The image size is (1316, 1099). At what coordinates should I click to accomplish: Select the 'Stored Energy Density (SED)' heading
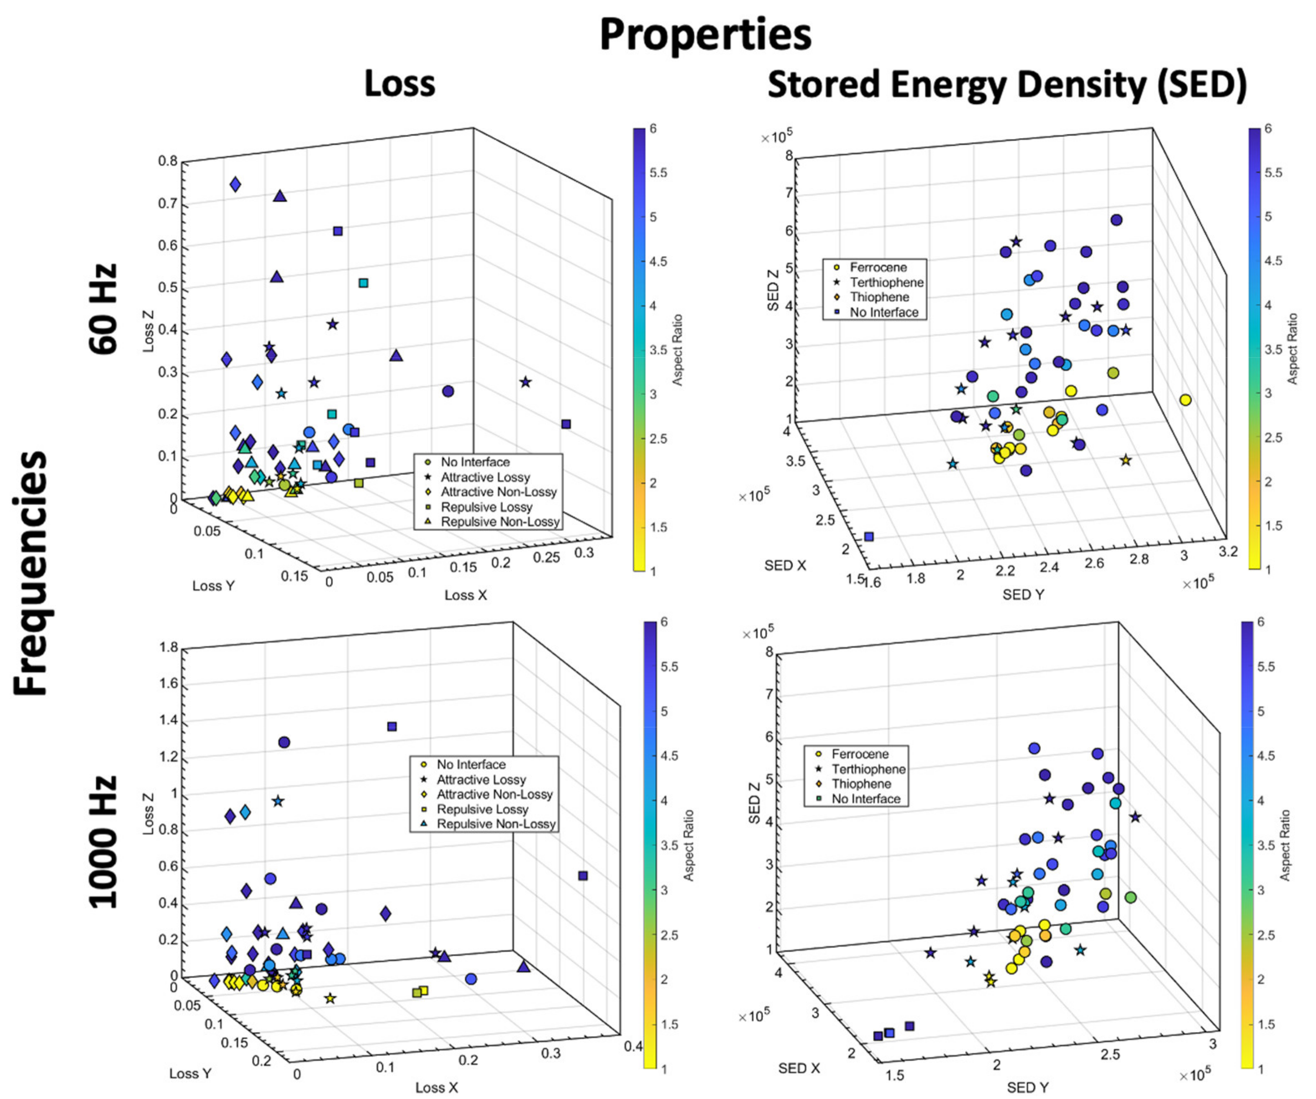point(1006,85)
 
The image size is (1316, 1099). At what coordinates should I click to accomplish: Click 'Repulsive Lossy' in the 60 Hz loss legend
point(486,506)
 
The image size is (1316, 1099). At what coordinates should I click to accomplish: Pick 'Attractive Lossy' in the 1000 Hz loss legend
point(481,779)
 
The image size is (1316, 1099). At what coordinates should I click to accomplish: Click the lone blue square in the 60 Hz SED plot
point(868,537)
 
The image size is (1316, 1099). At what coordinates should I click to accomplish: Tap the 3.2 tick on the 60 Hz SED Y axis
point(1228,551)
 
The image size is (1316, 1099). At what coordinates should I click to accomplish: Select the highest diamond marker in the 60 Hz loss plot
point(236,184)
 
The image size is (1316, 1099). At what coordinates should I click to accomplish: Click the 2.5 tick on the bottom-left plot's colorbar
point(669,935)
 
